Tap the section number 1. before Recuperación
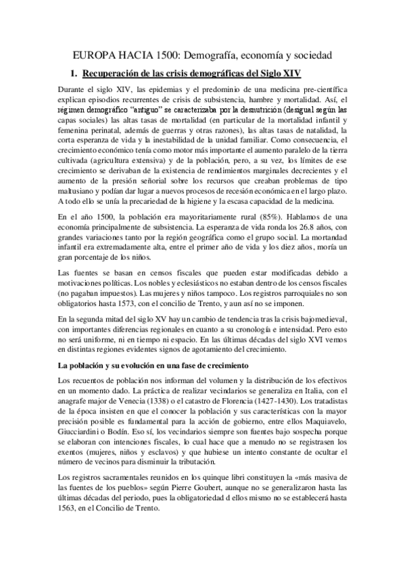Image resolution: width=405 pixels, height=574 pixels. pos(75,72)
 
